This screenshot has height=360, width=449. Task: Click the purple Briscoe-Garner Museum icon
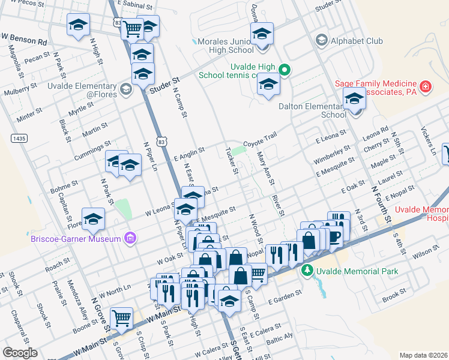coord(130,239)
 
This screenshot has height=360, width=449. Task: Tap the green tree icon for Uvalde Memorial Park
coord(307,271)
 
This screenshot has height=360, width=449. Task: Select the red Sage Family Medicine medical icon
coord(426,87)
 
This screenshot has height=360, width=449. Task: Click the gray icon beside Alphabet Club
coord(321,41)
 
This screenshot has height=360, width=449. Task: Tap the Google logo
coord(20,353)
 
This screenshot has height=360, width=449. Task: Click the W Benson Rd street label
coord(24,43)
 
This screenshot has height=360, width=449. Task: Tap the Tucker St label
coord(231,160)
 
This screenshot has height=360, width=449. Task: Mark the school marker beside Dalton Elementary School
coord(355,98)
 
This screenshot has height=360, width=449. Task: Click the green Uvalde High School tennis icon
coord(286,71)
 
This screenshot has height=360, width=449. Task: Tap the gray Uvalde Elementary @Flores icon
coord(125,90)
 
